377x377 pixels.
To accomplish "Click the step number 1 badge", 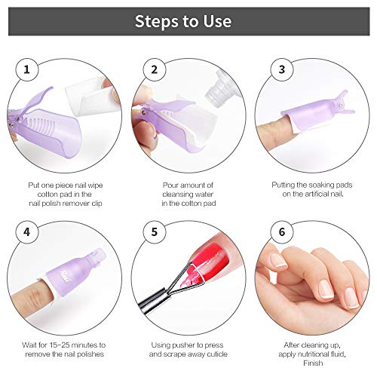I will click(28, 71).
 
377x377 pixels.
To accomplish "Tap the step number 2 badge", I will click(154, 71).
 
